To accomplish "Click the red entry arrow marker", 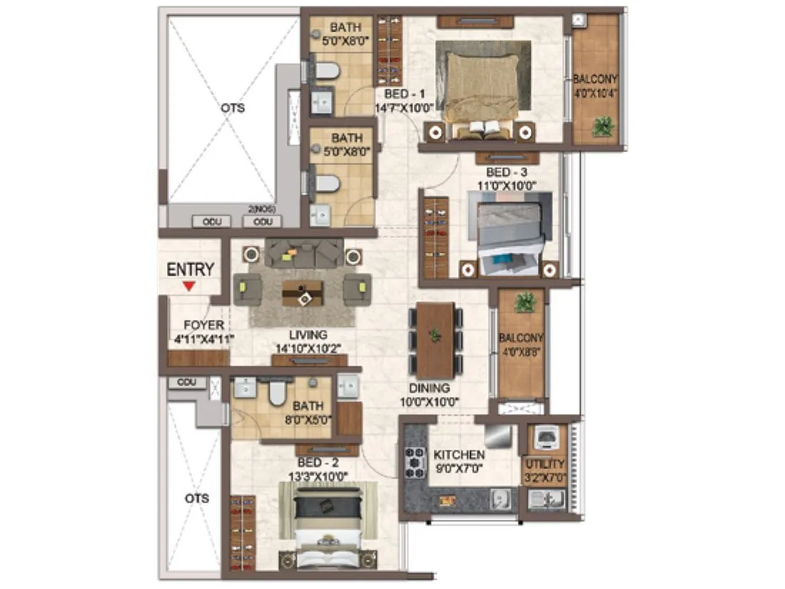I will pyautogui.click(x=188, y=286).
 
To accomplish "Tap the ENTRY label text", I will pyautogui.click(x=190, y=269).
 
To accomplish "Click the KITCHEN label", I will pyautogui.click(x=460, y=455).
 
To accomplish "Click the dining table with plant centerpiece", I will pyautogui.click(x=435, y=341).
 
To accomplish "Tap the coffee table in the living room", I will pyautogui.click(x=302, y=292).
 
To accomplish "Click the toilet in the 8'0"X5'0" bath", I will pyautogui.click(x=276, y=393).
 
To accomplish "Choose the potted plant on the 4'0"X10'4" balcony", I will pyautogui.click(x=603, y=126).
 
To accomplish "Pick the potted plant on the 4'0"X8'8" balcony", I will pyautogui.click(x=525, y=302).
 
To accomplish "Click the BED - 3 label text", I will pyautogui.click(x=507, y=173).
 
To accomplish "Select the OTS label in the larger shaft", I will pyautogui.click(x=233, y=109).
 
